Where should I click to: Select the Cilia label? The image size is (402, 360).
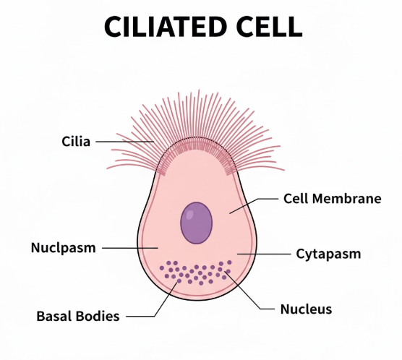pos(76,141)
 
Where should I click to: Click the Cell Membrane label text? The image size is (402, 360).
pos(331,198)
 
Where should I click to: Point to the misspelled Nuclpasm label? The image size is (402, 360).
pos(63,248)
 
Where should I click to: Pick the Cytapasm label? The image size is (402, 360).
pos(328,254)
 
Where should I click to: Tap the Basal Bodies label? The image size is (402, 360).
pos(77,316)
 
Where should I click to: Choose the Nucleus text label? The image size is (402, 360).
pos(306,309)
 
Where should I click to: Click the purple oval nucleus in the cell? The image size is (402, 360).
pos(196,221)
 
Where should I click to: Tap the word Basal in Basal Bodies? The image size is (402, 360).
pos(53,316)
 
